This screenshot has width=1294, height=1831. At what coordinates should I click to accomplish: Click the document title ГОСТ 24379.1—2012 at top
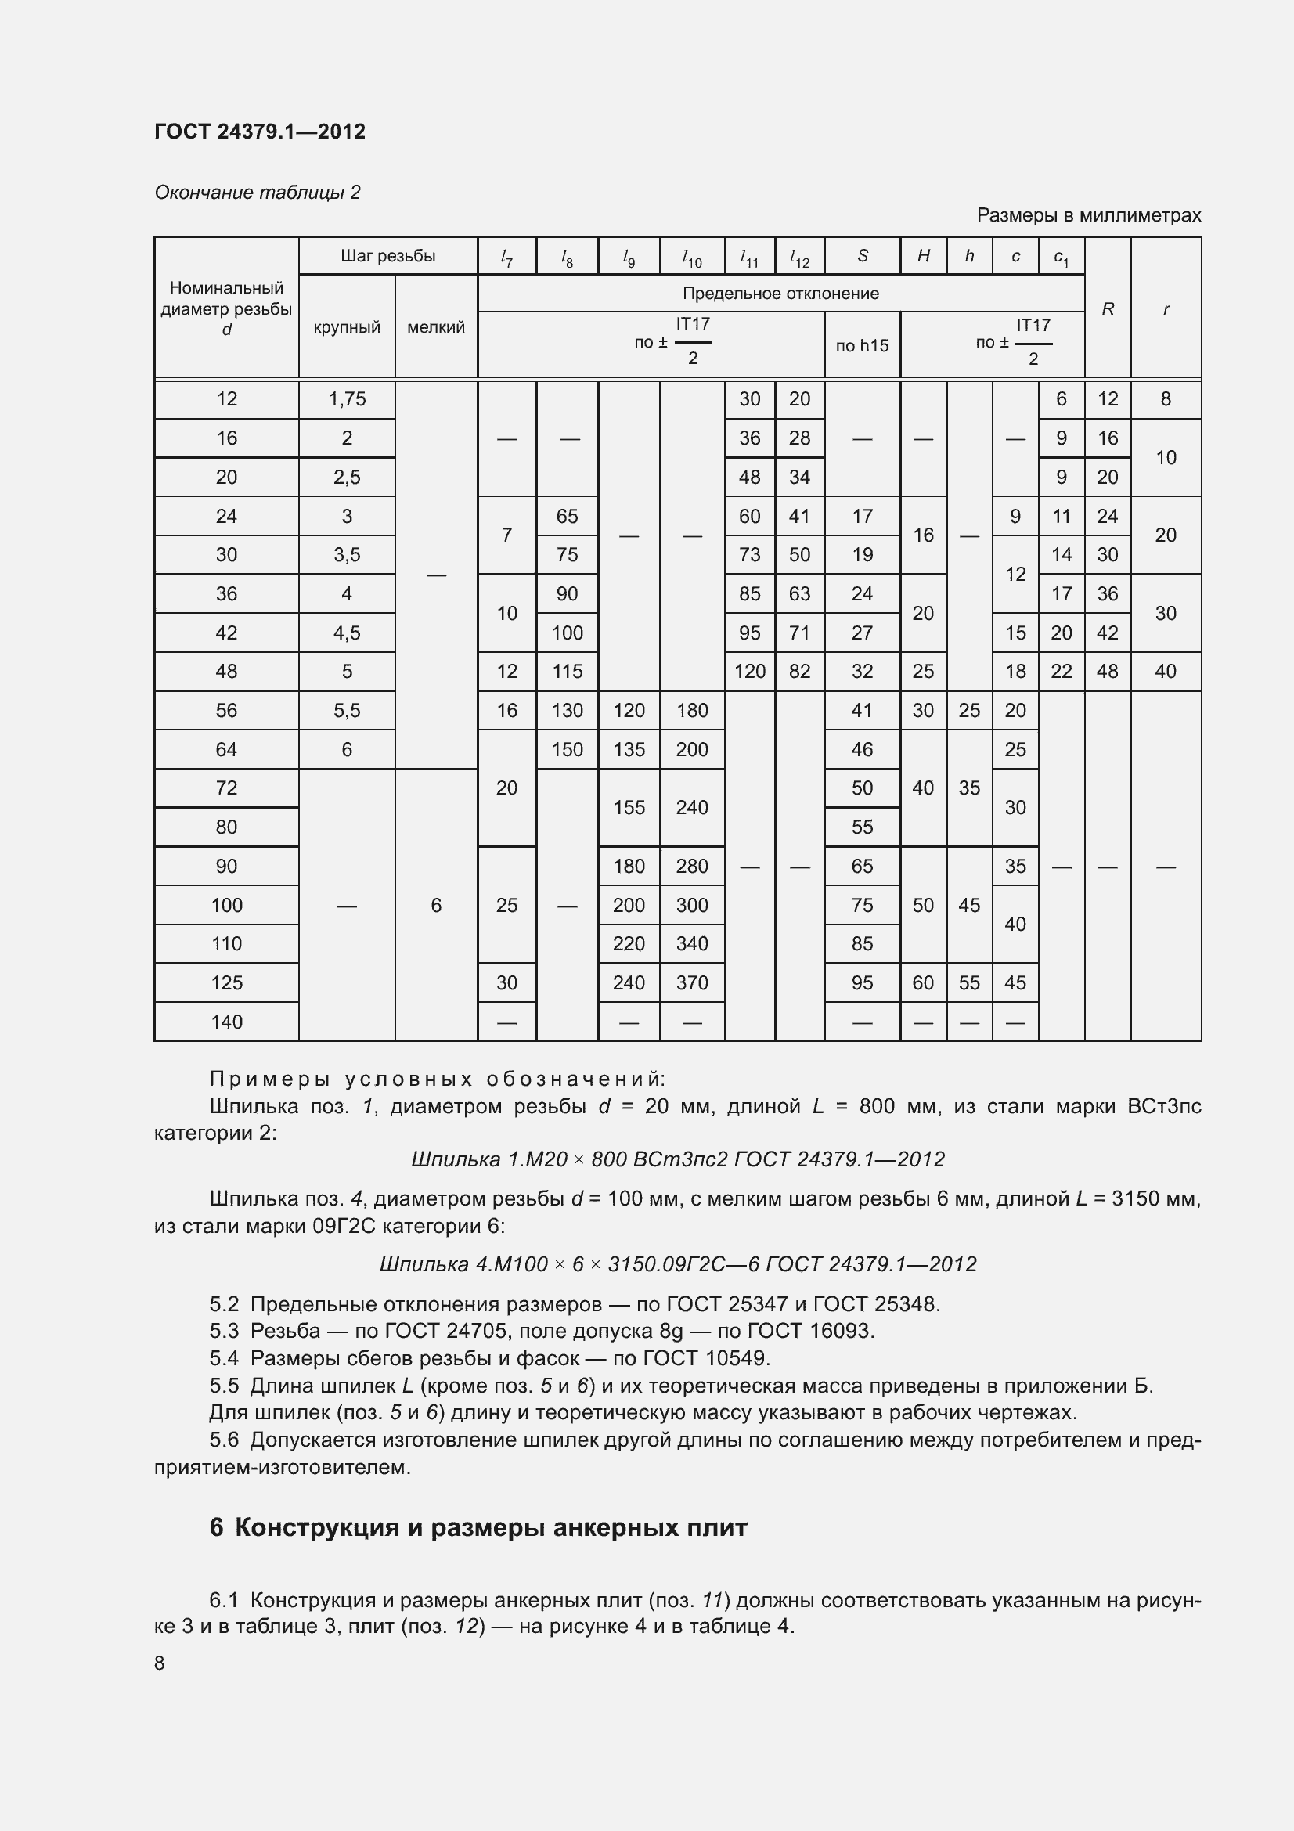(x=260, y=132)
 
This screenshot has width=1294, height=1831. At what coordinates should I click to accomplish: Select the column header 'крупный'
(x=347, y=327)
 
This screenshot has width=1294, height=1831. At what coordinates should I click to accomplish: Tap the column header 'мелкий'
(x=436, y=327)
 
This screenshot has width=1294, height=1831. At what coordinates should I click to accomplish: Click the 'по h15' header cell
(x=862, y=345)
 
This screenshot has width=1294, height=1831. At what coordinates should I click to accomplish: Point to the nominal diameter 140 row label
(x=226, y=1022)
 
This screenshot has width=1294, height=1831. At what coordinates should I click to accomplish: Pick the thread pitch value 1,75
(x=347, y=398)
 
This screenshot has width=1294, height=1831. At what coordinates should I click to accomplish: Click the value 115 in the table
(x=567, y=672)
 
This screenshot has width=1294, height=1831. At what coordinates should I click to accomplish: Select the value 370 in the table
(x=692, y=982)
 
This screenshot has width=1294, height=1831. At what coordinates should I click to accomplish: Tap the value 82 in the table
(x=800, y=672)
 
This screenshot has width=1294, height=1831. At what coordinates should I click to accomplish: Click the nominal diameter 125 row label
(x=226, y=982)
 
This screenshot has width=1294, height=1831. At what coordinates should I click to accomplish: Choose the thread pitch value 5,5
(x=347, y=711)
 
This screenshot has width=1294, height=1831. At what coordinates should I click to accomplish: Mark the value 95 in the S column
(x=862, y=982)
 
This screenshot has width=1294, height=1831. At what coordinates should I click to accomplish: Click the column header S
(x=863, y=256)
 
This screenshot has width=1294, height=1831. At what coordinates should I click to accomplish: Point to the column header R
(x=1108, y=308)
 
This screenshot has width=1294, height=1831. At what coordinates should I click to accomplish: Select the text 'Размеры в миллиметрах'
(x=1088, y=215)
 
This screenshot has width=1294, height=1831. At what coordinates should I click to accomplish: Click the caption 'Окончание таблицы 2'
(x=258, y=193)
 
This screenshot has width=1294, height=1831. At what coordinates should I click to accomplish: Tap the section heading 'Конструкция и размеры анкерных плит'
(x=491, y=1527)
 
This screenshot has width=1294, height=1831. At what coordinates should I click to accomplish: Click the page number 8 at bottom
(x=160, y=1663)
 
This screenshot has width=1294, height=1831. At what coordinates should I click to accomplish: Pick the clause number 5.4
(x=224, y=1357)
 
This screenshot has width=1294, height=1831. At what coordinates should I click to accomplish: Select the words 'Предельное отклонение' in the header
(x=780, y=294)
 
